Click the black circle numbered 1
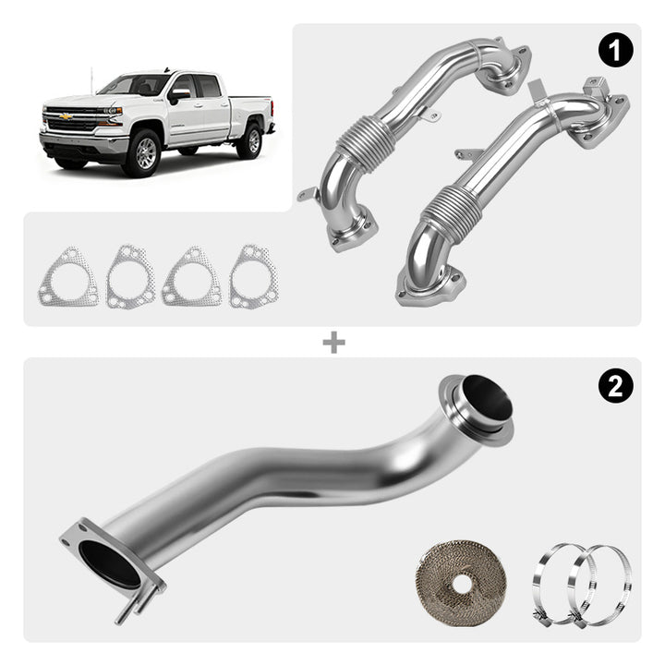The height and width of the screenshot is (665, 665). pos(616,50)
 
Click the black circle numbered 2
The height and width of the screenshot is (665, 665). pos(616,385)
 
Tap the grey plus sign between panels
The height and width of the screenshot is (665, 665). pos(333,343)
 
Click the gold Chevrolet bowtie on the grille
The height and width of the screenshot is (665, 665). pos(66,116)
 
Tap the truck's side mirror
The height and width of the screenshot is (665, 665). pos(178,96)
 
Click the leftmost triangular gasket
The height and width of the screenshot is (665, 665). pos(68,277)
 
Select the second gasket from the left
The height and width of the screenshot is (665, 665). pos(130,276)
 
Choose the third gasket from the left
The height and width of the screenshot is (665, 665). pos(192,276)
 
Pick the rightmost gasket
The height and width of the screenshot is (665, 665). pos(254,276)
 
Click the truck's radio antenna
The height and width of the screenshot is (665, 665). pos(91,79)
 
